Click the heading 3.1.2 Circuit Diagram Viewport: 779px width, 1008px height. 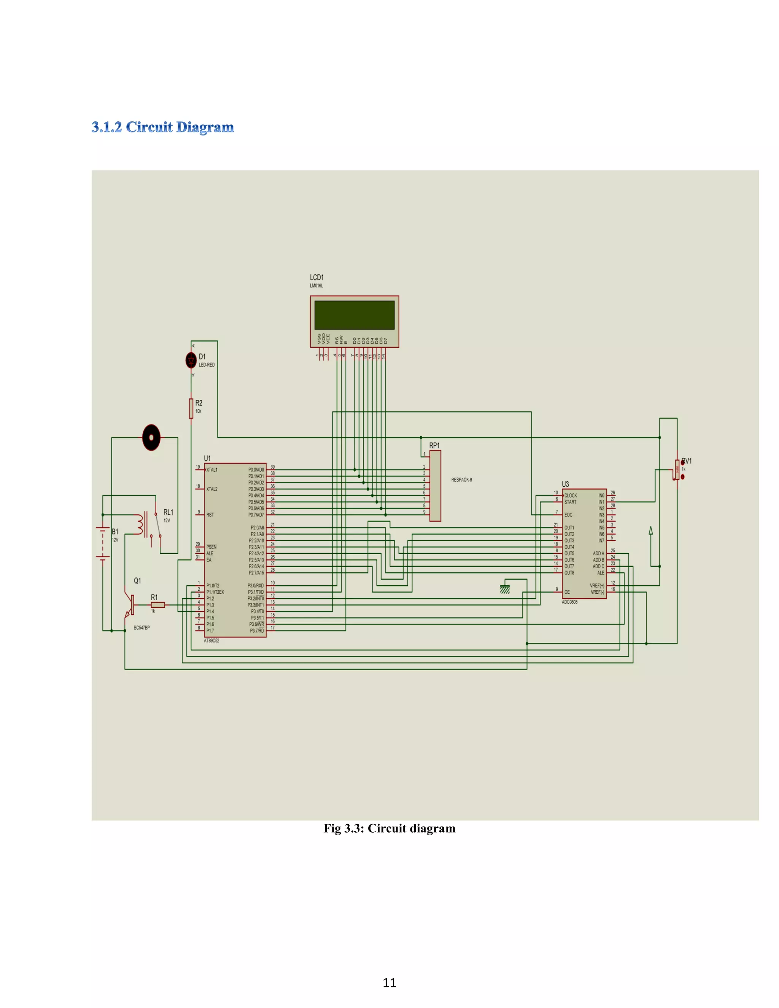[162, 127]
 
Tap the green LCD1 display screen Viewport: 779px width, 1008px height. [354, 315]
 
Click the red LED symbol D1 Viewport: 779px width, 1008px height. [191, 360]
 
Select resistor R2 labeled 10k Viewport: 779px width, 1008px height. [191, 408]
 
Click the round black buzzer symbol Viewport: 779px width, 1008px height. [151, 437]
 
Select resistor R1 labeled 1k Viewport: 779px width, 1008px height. [158, 605]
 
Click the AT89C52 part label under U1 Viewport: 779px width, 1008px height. [212, 641]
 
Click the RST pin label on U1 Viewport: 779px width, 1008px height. [210, 515]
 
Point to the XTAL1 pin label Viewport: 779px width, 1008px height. [212, 470]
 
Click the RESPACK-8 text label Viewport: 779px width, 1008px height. [461, 480]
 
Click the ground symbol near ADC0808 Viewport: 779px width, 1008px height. [505, 589]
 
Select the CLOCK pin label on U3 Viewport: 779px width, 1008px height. [571, 495]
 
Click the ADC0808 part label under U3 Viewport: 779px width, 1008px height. [570, 602]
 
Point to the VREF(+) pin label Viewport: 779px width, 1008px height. [597, 586]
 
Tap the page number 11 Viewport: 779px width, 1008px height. [389, 983]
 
